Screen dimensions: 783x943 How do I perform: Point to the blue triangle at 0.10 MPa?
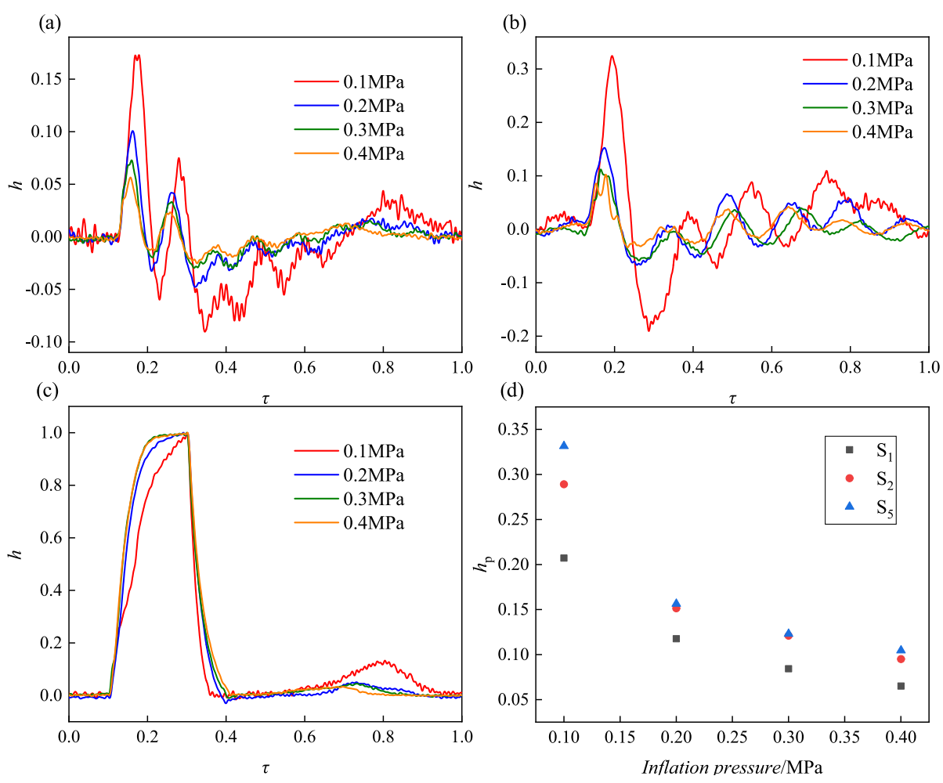tap(563, 446)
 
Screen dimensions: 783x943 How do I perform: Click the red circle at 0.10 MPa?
tap(563, 484)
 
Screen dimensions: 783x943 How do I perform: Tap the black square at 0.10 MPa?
tap(563, 557)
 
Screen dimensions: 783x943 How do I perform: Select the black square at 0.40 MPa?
tap(901, 686)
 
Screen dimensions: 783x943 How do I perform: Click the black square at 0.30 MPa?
tap(788, 669)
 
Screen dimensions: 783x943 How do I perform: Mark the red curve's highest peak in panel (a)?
tap(137, 55)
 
